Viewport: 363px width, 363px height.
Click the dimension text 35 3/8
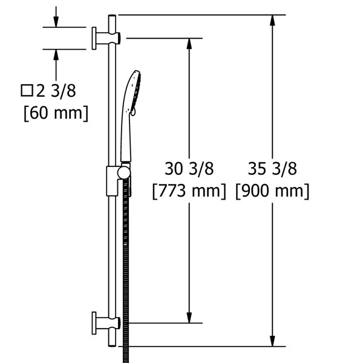click(272, 169)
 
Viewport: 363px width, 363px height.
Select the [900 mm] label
click(272, 191)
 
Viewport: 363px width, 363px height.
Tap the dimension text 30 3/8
click(189, 169)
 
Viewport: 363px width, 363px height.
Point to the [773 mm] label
click(189, 191)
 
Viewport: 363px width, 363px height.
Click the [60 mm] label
click(56, 113)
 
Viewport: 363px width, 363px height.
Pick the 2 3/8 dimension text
click(56, 91)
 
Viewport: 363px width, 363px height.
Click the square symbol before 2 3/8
click(27, 91)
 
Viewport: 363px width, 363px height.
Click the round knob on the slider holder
click(123, 173)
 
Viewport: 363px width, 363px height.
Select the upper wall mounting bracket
click(106, 39)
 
